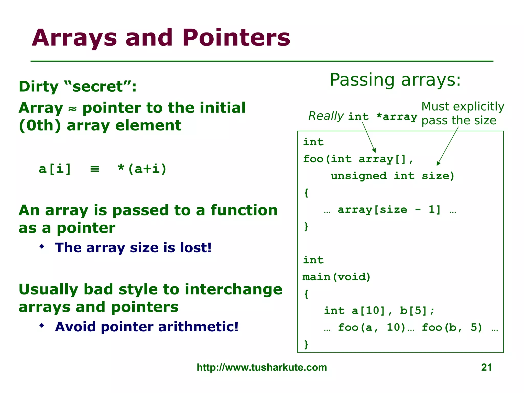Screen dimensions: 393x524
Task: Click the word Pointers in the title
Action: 236,38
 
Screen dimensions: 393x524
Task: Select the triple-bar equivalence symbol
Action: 94,169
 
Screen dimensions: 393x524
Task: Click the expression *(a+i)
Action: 142,169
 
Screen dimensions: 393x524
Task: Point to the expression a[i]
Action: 54,169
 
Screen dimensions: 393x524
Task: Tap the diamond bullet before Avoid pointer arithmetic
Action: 42,326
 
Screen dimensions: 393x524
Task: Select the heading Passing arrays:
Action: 395,80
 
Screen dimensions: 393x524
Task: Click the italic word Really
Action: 326,116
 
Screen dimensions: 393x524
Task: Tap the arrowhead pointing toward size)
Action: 438,163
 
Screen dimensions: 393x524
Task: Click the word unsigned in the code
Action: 358,176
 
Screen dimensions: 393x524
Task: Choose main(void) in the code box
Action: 336,277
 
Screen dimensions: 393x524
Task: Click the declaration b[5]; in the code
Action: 417,311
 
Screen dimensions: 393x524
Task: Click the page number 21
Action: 486,367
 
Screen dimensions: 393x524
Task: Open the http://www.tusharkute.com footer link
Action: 262,367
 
